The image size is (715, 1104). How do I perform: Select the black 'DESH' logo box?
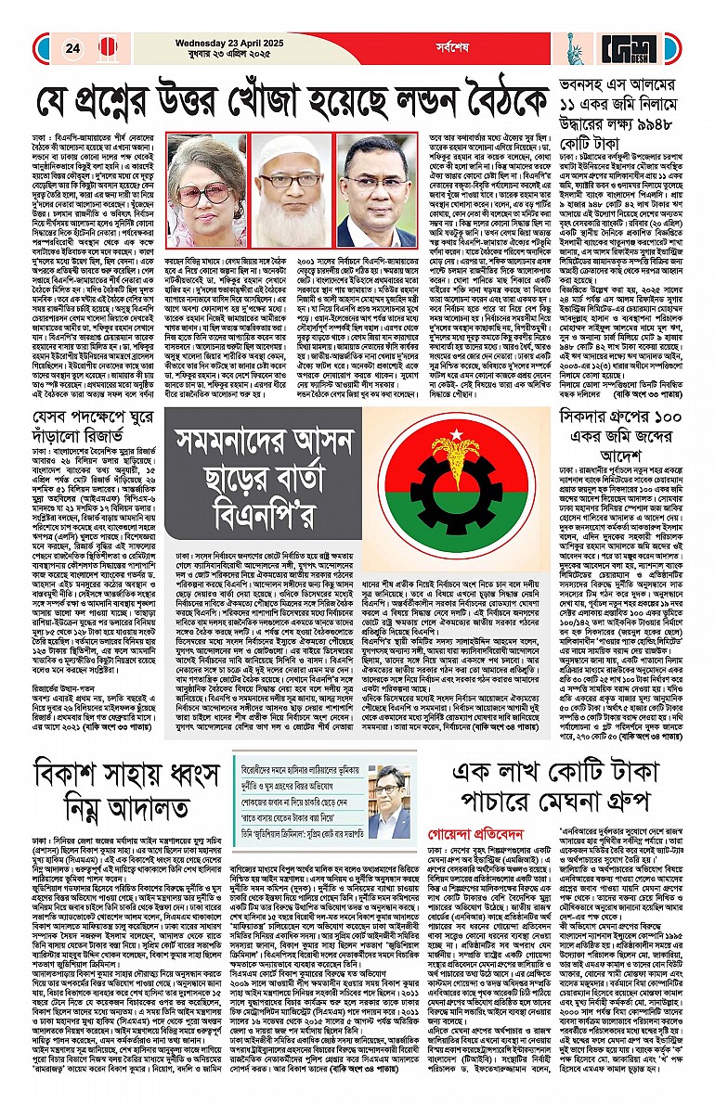pyautogui.click(x=632, y=47)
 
